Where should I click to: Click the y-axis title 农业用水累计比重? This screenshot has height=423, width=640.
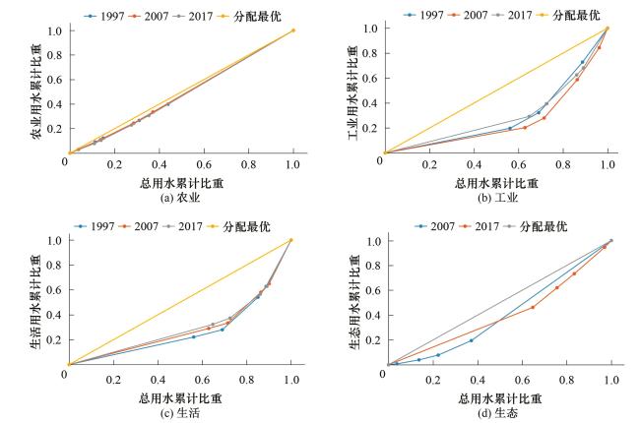point(38,91)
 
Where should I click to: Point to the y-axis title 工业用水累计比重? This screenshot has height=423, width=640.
point(354,91)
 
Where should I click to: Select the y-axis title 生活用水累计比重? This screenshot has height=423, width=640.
point(38,302)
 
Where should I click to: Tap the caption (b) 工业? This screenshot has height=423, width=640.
point(496,196)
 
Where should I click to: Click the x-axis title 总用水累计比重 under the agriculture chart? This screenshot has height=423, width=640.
point(179,183)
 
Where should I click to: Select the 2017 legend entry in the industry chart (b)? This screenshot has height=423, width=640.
point(524,15)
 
